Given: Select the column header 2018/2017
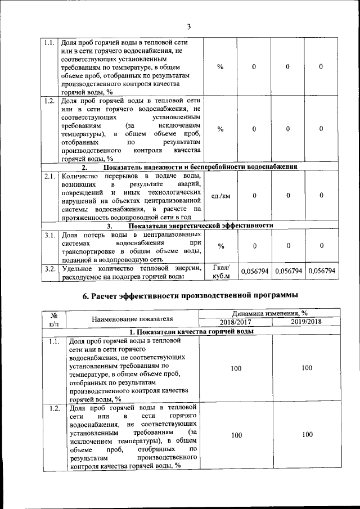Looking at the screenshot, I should tap(236, 322).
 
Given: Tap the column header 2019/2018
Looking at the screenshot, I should tap(306, 322).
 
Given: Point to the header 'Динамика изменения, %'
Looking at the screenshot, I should tap(271, 313).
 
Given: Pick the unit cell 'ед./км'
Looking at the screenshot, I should tap(220, 196).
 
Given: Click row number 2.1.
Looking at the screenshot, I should tap(49, 177).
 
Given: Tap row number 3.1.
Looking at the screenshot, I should tap(49, 235).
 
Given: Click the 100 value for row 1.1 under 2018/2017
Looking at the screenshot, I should tap(236, 368).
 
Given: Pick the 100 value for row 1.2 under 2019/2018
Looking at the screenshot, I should tap(306, 435).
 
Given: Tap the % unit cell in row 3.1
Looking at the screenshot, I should tap(220, 246).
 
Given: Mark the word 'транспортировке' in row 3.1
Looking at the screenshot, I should tap(89, 251).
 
